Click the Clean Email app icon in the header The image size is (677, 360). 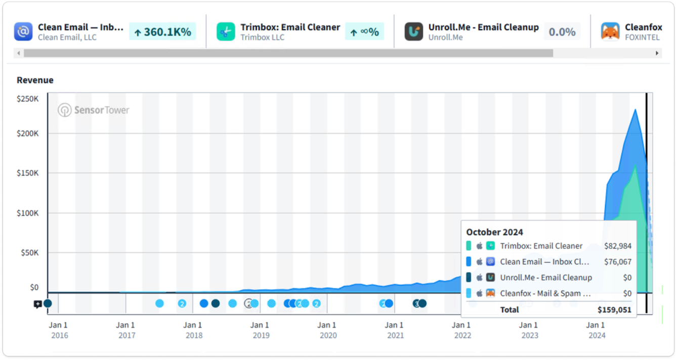tap(23, 32)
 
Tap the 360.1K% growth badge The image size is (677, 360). tap(162, 32)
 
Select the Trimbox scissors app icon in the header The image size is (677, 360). tap(226, 32)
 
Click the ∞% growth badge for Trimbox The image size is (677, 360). tap(365, 32)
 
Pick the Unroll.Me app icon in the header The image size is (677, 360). tap(413, 32)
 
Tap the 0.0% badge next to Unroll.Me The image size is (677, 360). tap(562, 32)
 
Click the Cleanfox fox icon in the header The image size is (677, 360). tap(610, 32)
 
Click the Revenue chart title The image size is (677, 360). tap(35, 80)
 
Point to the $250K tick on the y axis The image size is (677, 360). tap(28, 99)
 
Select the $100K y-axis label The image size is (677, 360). tap(28, 213)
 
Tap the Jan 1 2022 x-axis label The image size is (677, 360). tap(461, 330)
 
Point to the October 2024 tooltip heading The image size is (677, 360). tap(494, 232)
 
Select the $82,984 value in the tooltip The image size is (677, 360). tap(617, 246)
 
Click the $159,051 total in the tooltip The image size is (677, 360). tap(614, 309)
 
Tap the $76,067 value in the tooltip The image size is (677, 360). tap(617, 262)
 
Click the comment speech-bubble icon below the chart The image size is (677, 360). tap(37, 304)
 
